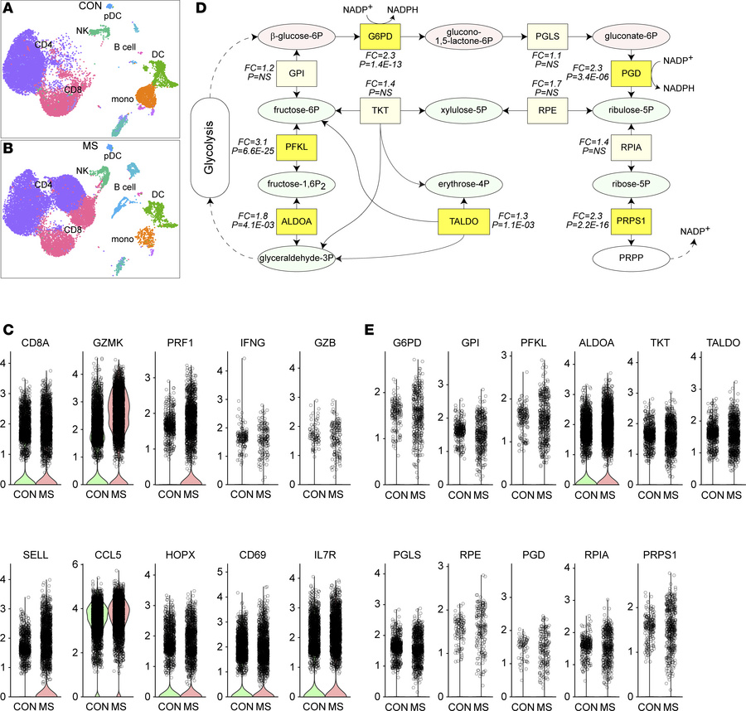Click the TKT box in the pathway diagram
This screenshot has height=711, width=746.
tap(379, 109)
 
